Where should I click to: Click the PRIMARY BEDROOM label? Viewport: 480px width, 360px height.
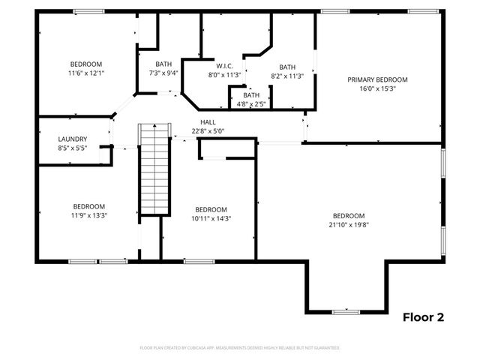pyautogui.click(x=377, y=79)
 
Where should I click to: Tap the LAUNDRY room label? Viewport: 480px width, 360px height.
pyautogui.click(x=73, y=139)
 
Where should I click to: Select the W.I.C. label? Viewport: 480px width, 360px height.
pyautogui.click(x=223, y=65)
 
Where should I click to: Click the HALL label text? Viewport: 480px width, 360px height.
pyautogui.click(x=208, y=122)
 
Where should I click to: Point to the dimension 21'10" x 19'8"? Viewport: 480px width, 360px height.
pyautogui.click(x=349, y=224)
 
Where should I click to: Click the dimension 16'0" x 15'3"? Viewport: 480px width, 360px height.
pyautogui.click(x=377, y=88)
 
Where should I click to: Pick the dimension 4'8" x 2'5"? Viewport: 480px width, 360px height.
pyautogui.click(x=251, y=103)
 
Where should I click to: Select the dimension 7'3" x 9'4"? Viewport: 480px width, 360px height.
pyautogui.click(x=163, y=73)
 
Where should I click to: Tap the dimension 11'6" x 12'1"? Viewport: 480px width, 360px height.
pyautogui.click(x=85, y=73)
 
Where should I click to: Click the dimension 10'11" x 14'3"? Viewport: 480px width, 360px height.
pyautogui.click(x=211, y=219)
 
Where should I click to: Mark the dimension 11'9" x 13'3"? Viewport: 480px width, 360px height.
pyautogui.click(x=88, y=215)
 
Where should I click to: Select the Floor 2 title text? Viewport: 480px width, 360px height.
pyautogui.click(x=424, y=317)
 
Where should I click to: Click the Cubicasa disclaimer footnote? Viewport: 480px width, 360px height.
pyautogui.click(x=240, y=348)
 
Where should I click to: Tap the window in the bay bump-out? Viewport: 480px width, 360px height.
pyautogui.click(x=346, y=311)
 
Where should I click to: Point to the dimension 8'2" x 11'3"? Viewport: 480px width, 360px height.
pyautogui.click(x=287, y=76)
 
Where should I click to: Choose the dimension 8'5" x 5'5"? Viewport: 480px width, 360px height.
pyautogui.click(x=73, y=148)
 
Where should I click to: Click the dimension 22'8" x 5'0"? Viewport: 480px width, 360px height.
pyautogui.click(x=208, y=131)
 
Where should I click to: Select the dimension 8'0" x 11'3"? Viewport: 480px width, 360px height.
pyautogui.click(x=223, y=74)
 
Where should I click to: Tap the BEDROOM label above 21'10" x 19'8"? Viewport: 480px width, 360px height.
pyautogui.click(x=349, y=215)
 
